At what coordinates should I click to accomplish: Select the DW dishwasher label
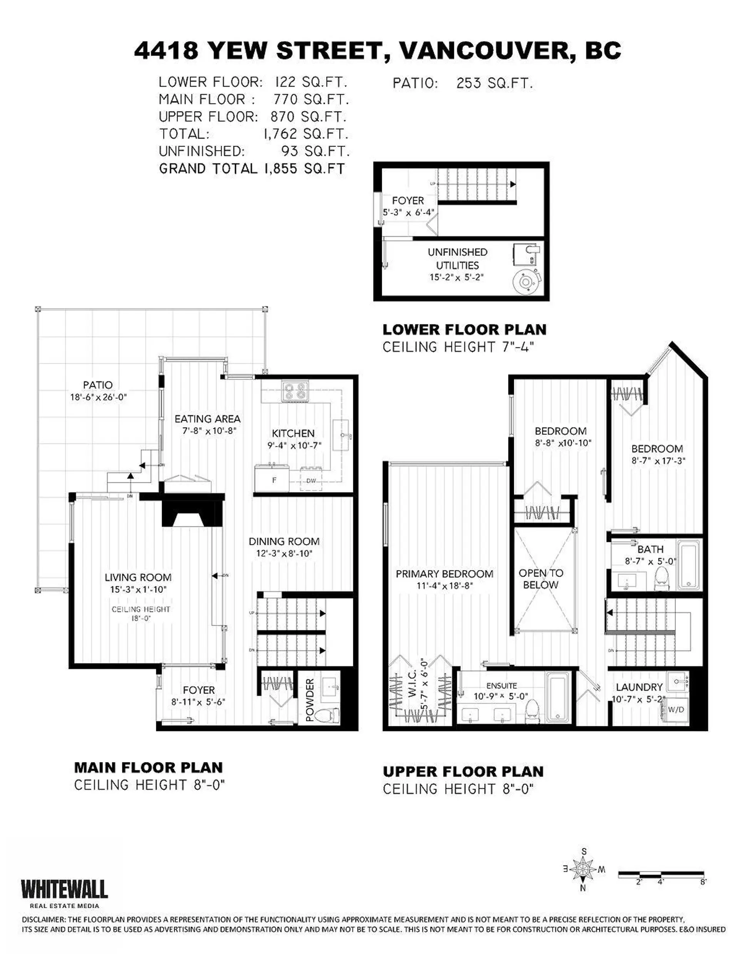click(x=311, y=481)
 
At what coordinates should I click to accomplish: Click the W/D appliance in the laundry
click(x=675, y=710)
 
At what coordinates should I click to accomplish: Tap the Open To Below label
click(x=541, y=579)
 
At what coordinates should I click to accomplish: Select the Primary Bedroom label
click(x=445, y=574)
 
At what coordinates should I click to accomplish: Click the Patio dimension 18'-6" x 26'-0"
click(x=98, y=398)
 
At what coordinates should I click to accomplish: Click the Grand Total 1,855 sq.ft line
click(x=252, y=169)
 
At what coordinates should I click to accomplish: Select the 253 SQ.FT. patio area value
click(x=494, y=83)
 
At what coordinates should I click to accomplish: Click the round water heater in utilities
click(x=524, y=281)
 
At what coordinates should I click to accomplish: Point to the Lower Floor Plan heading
click(x=464, y=329)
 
